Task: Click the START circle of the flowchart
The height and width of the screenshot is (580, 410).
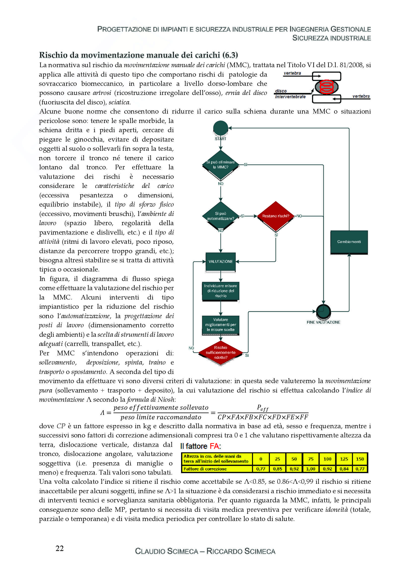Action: coord(221,128)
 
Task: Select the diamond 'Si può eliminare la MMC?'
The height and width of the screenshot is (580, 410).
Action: coord(221,165)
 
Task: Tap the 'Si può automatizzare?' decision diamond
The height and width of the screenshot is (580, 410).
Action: coord(221,216)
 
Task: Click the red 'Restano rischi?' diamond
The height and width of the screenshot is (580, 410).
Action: coord(276,216)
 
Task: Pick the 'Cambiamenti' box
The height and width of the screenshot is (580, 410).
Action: coord(349,242)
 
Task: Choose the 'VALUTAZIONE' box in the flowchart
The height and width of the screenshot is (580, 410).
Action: coord(221,262)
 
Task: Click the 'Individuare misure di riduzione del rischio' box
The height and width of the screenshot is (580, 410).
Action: coord(221,291)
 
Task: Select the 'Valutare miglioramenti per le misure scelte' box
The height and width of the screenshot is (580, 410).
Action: coord(221,325)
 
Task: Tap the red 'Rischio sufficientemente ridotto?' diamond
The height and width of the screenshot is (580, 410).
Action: coord(221,352)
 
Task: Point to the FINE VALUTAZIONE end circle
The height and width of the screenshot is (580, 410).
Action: coord(323,311)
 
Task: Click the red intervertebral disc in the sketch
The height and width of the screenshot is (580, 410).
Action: coord(326,86)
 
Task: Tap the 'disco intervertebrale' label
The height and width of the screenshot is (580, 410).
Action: coord(290,94)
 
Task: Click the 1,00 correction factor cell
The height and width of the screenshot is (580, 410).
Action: coord(311,469)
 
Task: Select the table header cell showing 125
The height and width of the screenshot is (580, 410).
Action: coord(344,459)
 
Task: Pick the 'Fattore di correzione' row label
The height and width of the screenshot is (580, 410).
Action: coord(205,469)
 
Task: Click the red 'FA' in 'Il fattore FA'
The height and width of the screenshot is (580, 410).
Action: coord(214,446)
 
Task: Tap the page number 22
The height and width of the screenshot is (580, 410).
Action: coord(60,548)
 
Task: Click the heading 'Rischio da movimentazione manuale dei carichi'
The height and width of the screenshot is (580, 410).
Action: coord(138,55)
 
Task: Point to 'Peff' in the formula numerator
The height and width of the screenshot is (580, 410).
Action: coord(262,408)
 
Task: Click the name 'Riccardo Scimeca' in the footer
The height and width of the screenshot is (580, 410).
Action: coord(241,551)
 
